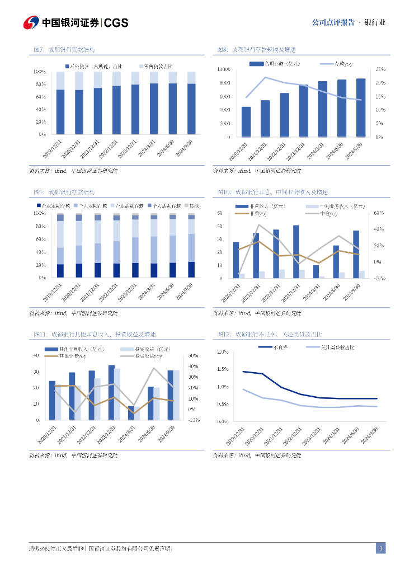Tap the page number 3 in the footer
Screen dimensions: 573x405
[380, 548]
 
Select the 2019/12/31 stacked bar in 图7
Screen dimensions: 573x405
[60, 103]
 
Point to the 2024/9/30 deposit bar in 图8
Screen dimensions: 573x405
[361, 107]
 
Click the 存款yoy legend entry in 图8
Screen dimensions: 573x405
[336, 64]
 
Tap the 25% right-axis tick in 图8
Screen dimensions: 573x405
[380, 69]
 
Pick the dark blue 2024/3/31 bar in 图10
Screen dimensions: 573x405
[316, 271]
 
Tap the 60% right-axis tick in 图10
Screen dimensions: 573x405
[378, 213]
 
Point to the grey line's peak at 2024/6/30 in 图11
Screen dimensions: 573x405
[154, 368]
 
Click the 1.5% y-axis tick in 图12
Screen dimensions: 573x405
[222, 369]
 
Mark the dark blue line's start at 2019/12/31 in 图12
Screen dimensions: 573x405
[243, 372]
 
